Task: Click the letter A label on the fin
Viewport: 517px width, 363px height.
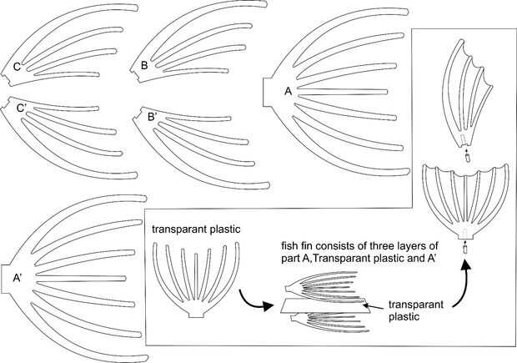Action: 288,92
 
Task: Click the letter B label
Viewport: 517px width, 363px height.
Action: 144,64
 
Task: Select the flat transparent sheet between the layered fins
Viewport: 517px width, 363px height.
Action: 317,303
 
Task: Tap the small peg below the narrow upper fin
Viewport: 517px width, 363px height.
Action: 465,155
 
